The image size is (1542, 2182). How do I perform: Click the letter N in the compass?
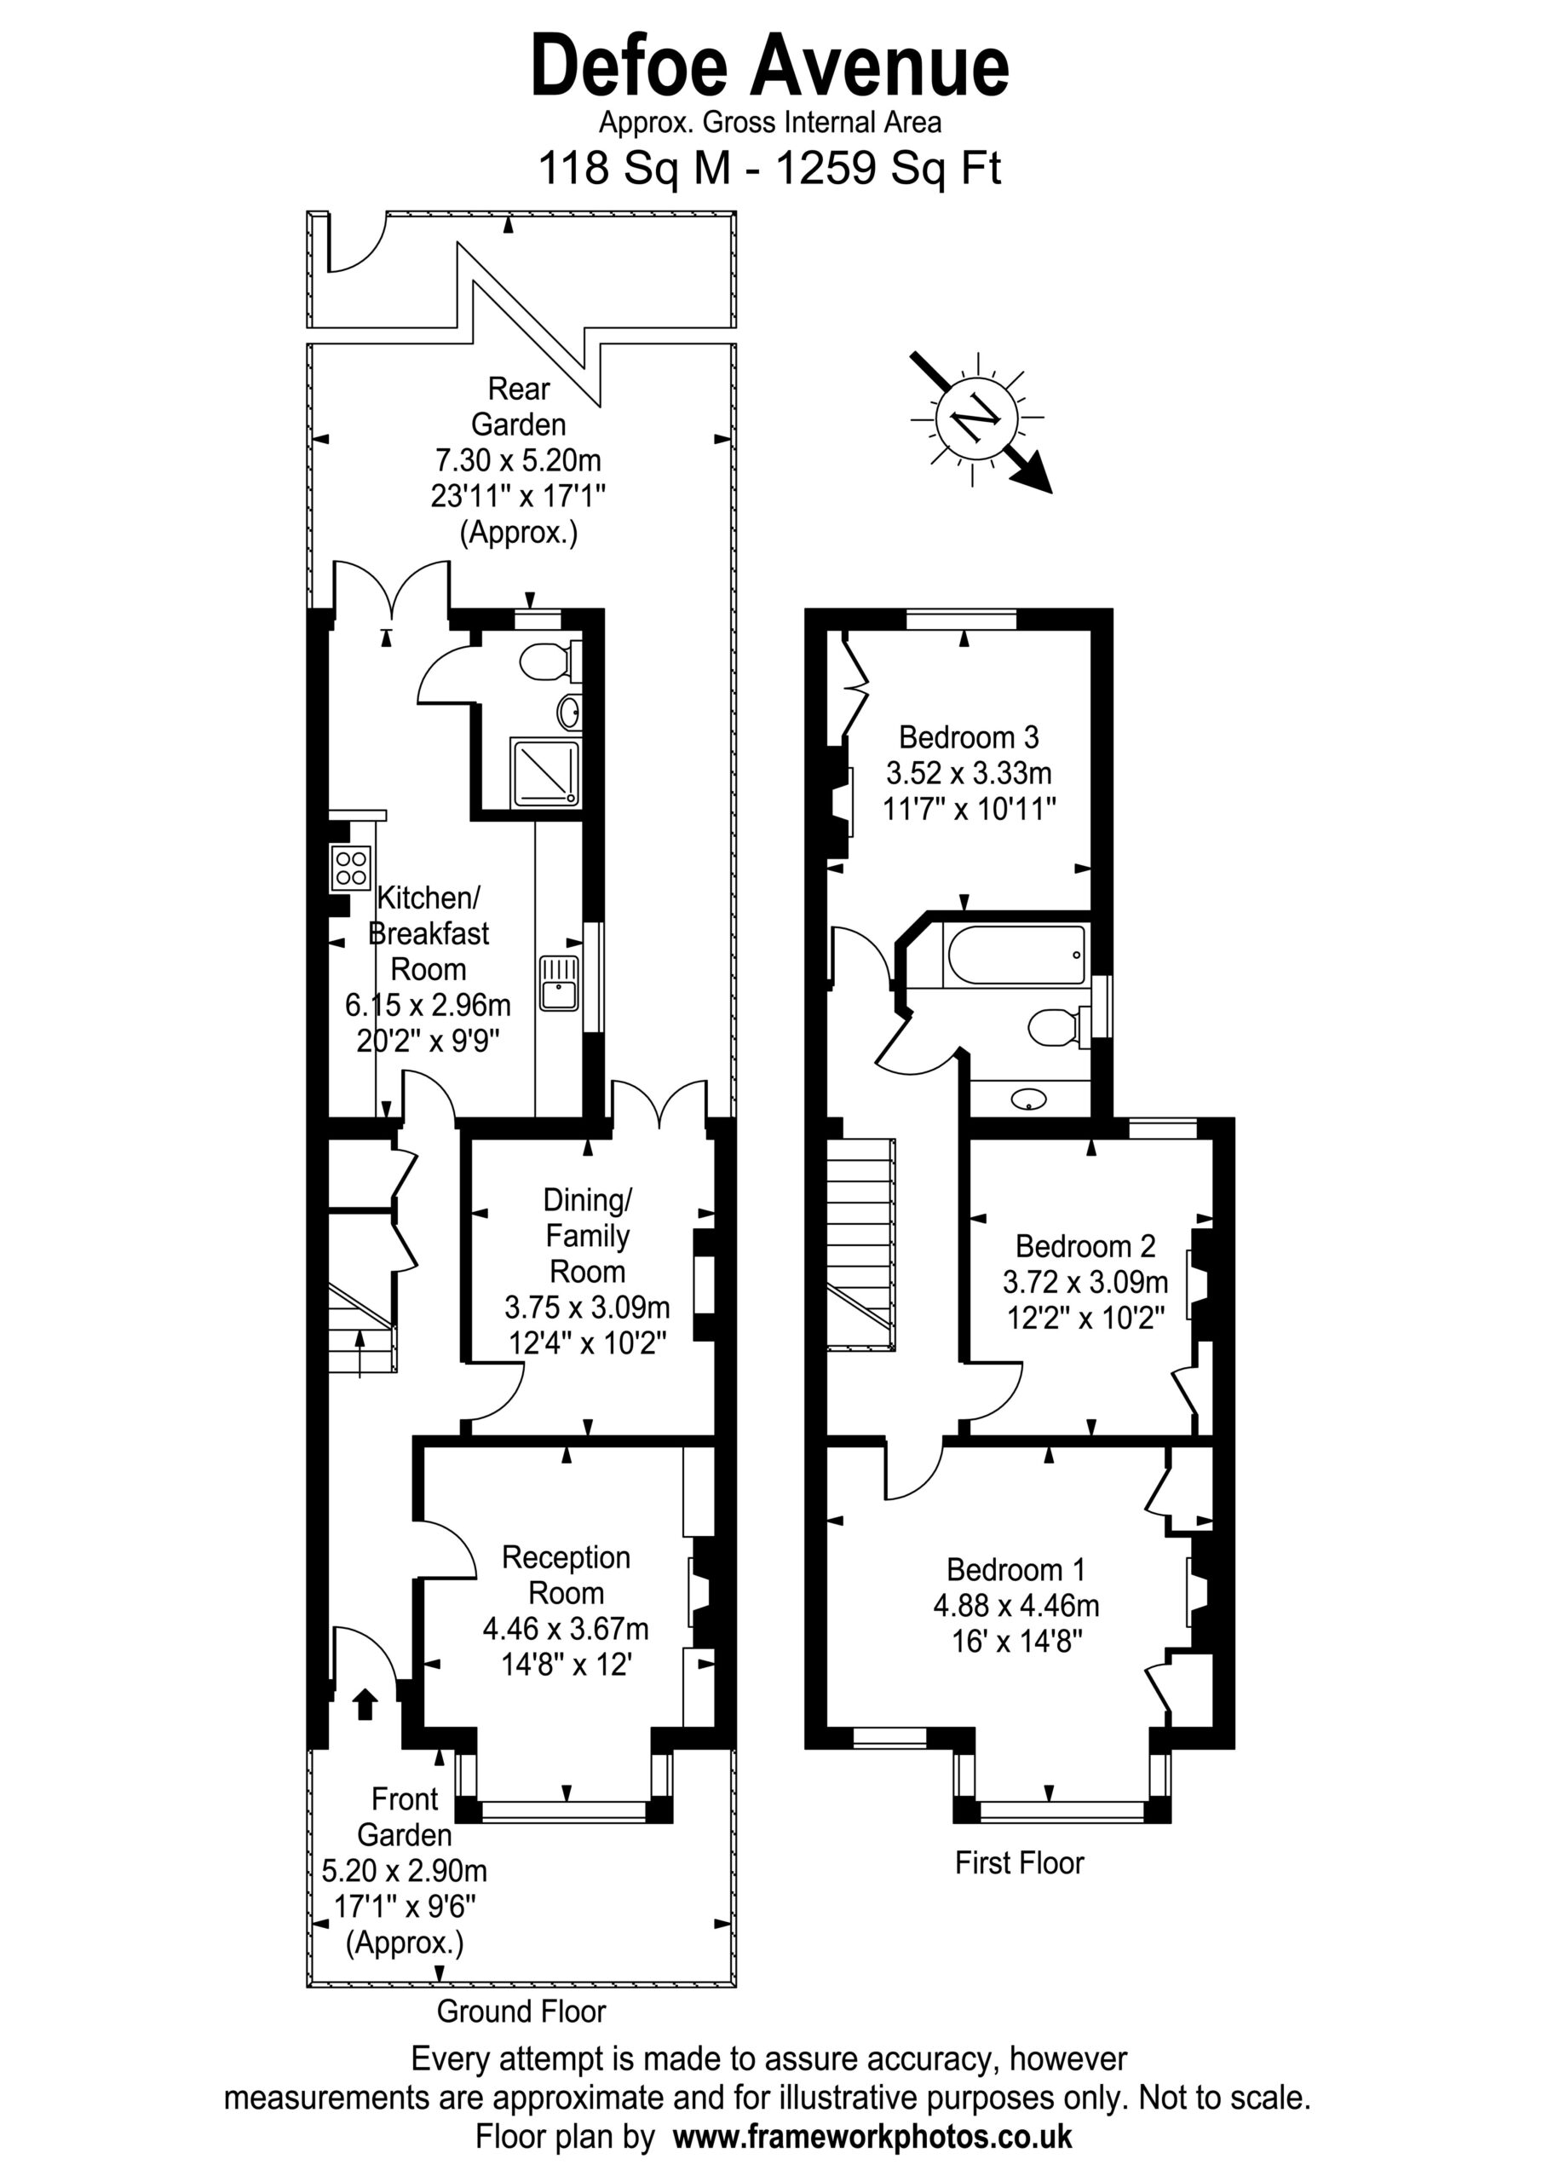click(976, 419)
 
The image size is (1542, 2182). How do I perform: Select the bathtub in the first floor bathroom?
click(1014, 955)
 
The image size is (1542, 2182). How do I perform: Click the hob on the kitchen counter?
click(351, 868)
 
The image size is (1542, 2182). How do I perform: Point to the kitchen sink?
click(559, 983)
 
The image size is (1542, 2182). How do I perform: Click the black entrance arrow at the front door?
click(365, 1703)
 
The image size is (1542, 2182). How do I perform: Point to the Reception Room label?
click(567, 1575)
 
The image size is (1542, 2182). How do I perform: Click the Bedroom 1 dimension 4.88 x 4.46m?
click(1016, 1605)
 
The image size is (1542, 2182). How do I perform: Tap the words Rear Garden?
click(519, 406)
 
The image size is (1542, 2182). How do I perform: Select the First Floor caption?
click(1020, 1862)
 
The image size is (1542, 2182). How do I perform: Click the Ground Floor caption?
click(521, 2011)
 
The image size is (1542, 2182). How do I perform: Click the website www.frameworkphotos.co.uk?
click(872, 2138)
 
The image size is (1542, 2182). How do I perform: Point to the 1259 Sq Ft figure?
click(889, 168)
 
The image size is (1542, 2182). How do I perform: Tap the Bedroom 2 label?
click(1085, 1245)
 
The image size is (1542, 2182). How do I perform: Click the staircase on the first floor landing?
click(860, 1244)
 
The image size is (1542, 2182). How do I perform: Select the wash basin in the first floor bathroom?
click(1029, 1100)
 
